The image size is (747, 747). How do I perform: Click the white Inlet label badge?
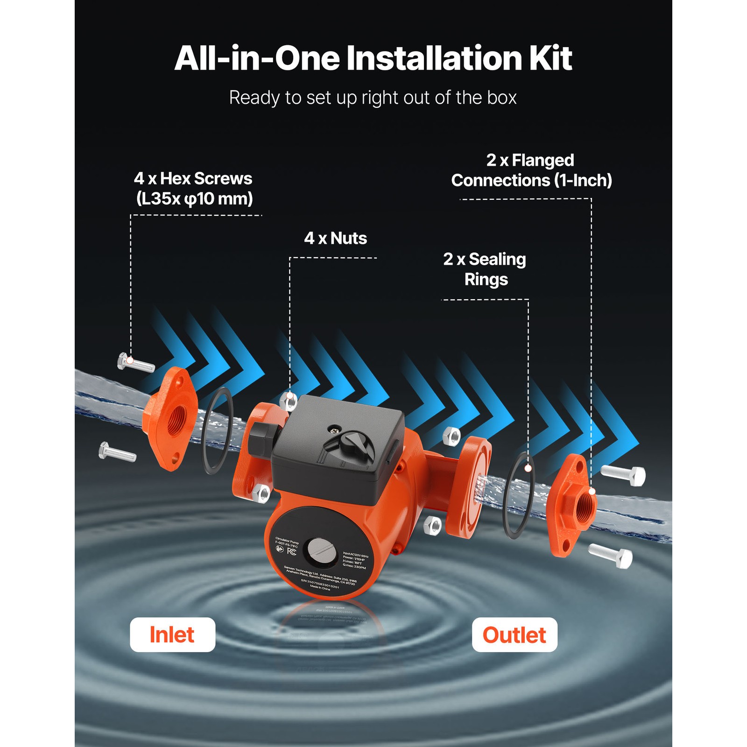click(172, 634)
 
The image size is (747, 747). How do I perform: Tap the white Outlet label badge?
click(514, 634)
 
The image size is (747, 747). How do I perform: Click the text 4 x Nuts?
click(335, 238)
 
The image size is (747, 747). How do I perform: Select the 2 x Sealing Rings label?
click(485, 269)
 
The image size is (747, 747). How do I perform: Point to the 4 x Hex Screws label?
click(193, 188)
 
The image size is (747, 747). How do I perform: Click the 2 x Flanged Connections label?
click(531, 170)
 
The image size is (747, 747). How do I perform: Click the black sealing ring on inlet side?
click(218, 430)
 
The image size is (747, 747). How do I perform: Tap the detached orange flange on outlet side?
click(573, 506)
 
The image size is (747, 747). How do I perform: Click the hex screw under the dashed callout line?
click(135, 363)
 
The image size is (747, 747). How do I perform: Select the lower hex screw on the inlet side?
click(117, 452)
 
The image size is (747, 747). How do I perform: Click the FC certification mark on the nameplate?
click(291, 551)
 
